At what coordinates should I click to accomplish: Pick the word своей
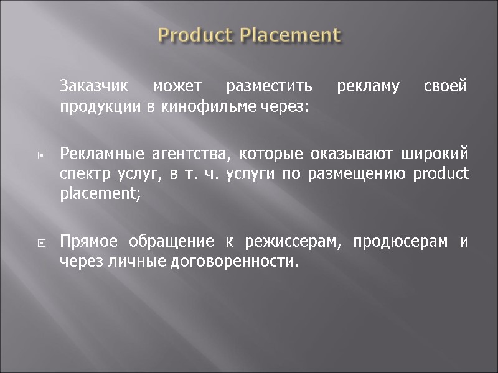click(x=444, y=86)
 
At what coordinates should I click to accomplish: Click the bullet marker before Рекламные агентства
click(x=40, y=156)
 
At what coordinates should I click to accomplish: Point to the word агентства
click(x=176, y=154)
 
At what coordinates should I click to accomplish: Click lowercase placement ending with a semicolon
click(x=100, y=194)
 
